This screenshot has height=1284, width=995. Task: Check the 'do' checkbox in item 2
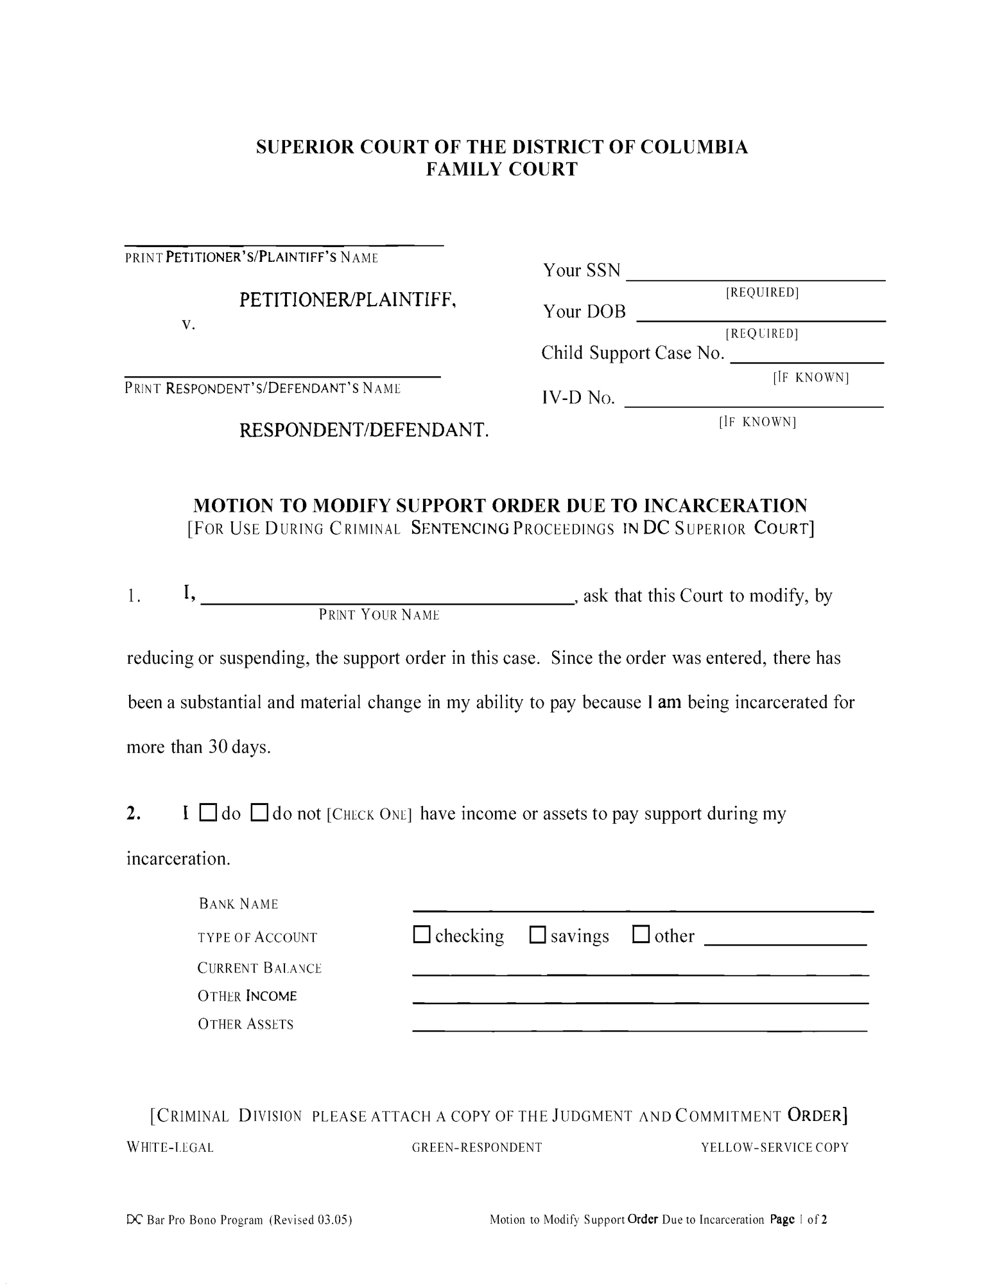pos(208,813)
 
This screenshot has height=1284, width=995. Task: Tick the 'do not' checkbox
pos(259,813)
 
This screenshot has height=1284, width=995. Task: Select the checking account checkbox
pos(422,935)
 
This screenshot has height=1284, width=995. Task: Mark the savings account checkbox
pos(537,935)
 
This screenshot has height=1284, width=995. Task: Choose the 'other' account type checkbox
pos(641,935)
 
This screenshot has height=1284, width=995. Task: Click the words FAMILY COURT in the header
pos(502,169)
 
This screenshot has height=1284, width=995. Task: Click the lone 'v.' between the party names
pos(187,324)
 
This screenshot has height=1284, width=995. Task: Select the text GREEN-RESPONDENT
pos(476,1147)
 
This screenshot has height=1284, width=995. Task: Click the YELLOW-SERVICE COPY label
pos(774,1147)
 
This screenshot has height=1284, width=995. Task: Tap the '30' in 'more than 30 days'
pos(214,747)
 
